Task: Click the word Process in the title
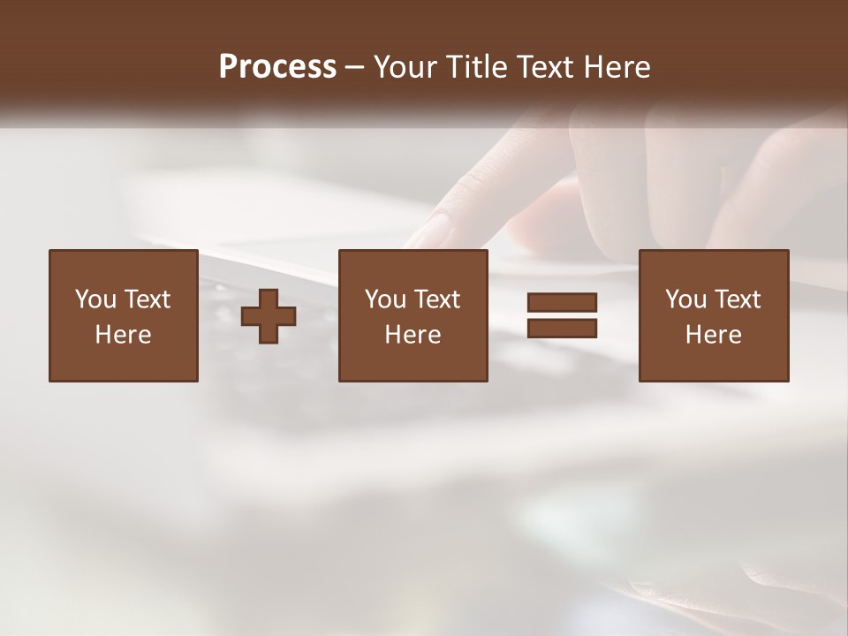click(x=277, y=67)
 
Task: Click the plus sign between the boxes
click(x=269, y=316)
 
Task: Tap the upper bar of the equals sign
click(x=562, y=303)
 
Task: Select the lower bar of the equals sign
click(x=562, y=329)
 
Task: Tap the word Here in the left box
click(x=123, y=335)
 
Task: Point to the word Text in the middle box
click(x=438, y=299)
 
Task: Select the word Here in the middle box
click(x=413, y=335)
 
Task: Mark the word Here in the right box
click(x=713, y=335)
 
